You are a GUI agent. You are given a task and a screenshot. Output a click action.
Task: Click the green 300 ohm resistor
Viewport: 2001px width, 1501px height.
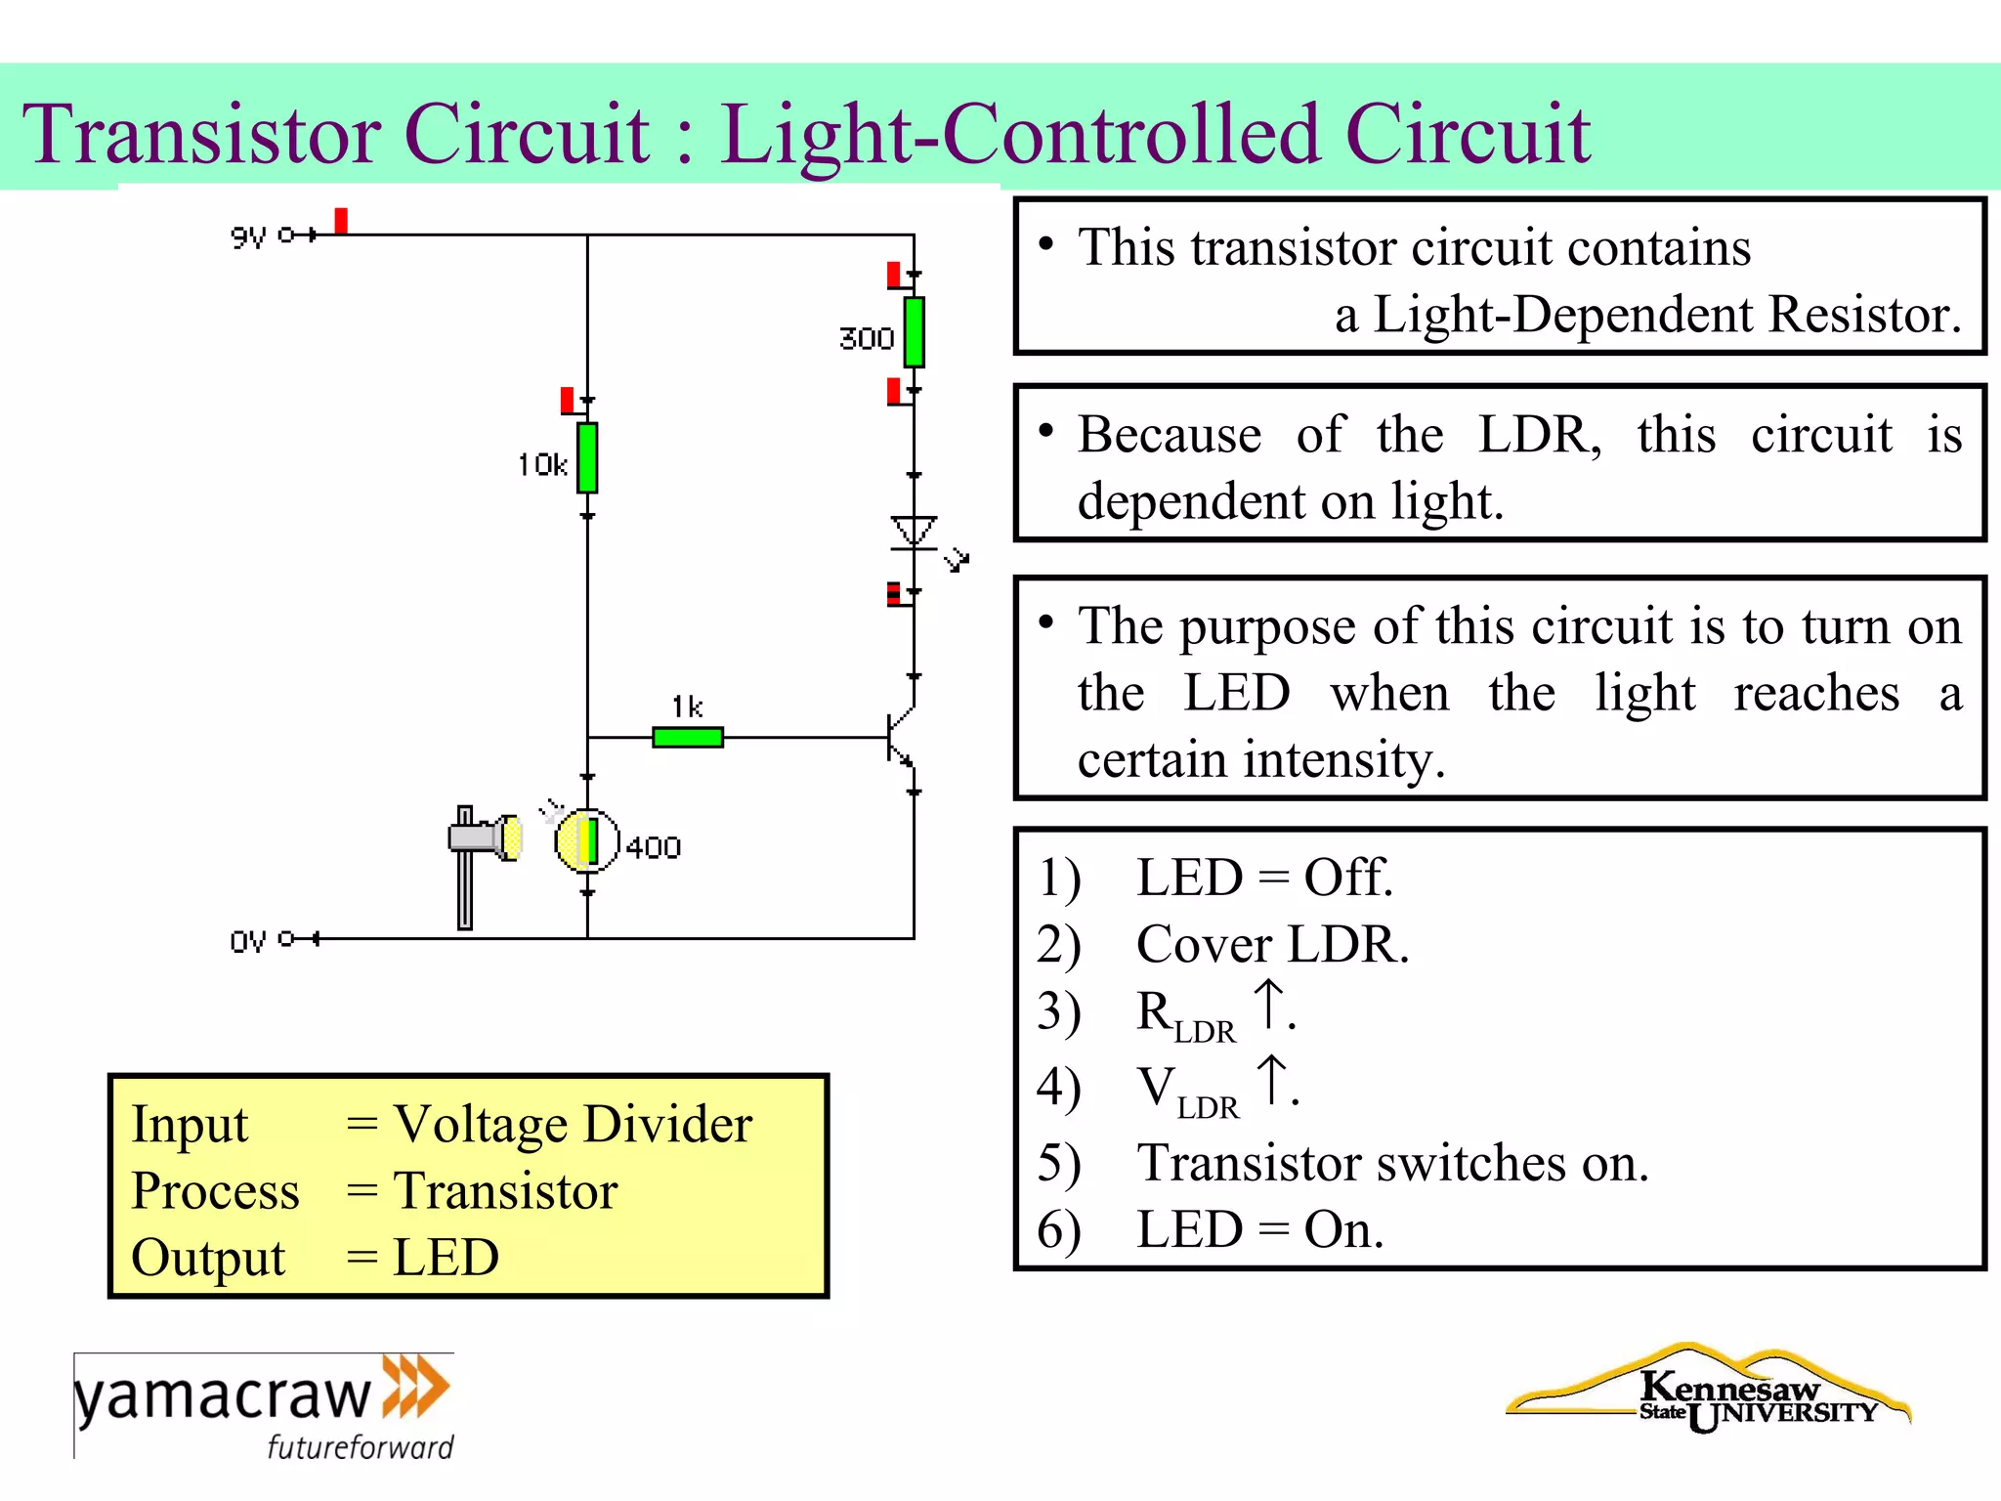click(x=914, y=332)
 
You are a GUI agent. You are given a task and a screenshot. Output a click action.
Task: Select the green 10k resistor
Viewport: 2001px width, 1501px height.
click(x=587, y=457)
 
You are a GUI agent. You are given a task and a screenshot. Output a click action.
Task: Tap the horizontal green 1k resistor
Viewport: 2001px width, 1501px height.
click(x=687, y=737)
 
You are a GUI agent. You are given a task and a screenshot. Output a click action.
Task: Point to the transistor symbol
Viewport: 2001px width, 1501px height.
click(x=901, y=738)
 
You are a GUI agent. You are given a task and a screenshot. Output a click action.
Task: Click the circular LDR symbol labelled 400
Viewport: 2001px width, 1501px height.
click(x=586, y=840)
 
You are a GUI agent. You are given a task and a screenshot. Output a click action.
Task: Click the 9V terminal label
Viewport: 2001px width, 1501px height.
click(x=248, y=236)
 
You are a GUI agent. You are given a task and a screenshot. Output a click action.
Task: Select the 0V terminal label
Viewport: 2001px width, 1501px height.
click(x=248, y=941)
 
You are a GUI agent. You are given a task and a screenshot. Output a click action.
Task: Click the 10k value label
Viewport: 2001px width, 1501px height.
click(x=542, y=465)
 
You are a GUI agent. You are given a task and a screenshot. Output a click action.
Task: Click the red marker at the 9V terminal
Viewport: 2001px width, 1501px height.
click(x=341, y=220)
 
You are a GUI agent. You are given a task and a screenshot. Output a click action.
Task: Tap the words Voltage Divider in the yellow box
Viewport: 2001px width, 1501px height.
click(x=573, y=1124)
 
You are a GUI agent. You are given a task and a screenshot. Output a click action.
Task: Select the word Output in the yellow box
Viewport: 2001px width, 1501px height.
click(x=208, y=1258)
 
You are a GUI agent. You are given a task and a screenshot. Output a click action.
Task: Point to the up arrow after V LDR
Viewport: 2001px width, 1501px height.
click(x=1271, y=1080)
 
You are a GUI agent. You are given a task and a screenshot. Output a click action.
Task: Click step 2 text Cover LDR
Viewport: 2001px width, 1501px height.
click(x=1272, y=945)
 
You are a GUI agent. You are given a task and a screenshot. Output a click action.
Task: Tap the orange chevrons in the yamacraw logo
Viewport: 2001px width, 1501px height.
click(x=415, y=1386)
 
